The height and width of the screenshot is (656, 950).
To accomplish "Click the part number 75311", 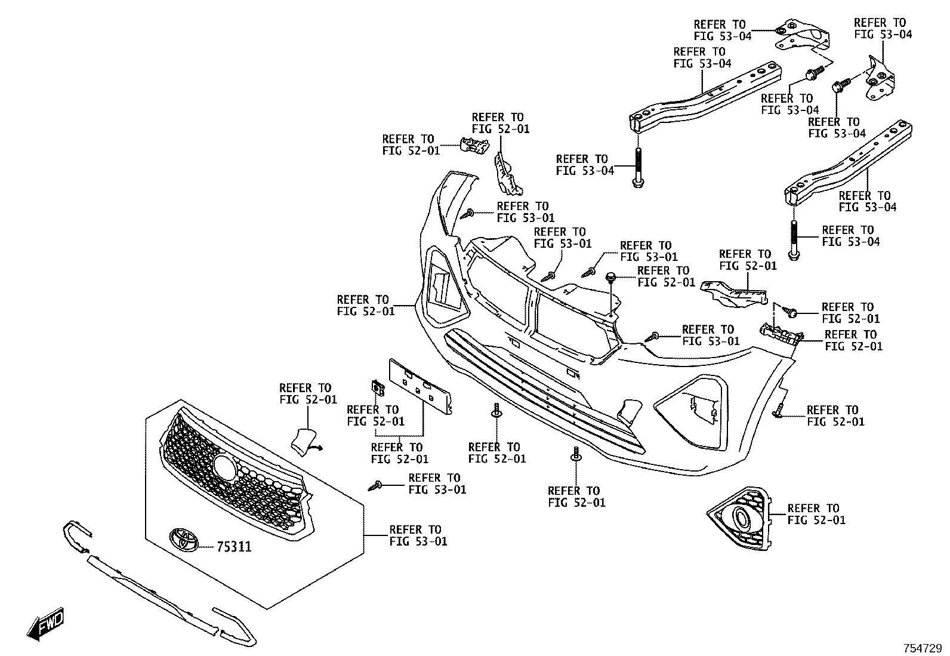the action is (x=234, y=547).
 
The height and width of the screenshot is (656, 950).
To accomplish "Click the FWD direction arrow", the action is (x=45, y=623).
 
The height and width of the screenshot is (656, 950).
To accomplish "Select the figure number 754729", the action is (x=923, y=648).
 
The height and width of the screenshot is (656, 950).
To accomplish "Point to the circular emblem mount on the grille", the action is (x=225, y=469).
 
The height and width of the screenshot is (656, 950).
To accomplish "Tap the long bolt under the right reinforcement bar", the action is (x=794, y=240).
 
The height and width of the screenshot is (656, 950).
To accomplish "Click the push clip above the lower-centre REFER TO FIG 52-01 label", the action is (x=576, y=454).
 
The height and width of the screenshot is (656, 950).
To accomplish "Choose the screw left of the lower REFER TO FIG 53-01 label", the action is (x=375, y=485).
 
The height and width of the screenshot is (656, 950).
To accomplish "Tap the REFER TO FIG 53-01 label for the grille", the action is (x=418, y=535).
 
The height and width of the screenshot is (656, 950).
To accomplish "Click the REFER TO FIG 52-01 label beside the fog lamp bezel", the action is (x=816, y=515).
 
